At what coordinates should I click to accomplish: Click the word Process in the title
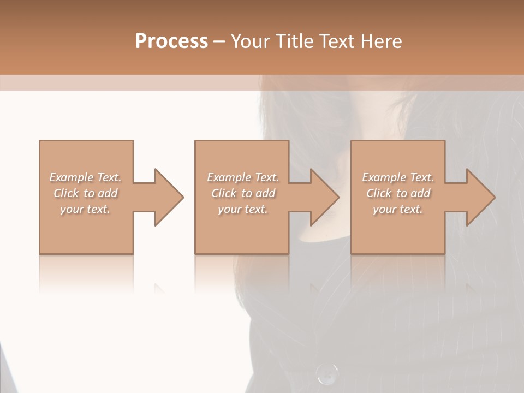(x=171, y=41)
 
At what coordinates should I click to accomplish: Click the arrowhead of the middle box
(x=324, y=197)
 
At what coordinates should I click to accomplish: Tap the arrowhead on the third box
(x=480, y=197)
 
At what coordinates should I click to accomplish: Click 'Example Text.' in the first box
(x=85, y=177)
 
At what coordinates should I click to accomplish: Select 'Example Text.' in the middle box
(x=243, y=177)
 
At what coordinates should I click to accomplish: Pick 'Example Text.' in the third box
(x=398, y=177)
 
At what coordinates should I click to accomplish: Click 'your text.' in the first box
(x=85, y=209)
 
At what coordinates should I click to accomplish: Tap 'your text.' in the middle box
(x=243, y=209)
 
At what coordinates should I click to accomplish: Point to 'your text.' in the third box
(x=398, y=209)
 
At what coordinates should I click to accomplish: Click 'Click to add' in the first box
(x=86, y=193)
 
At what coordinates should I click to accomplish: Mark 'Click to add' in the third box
(x=398, y=193)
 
